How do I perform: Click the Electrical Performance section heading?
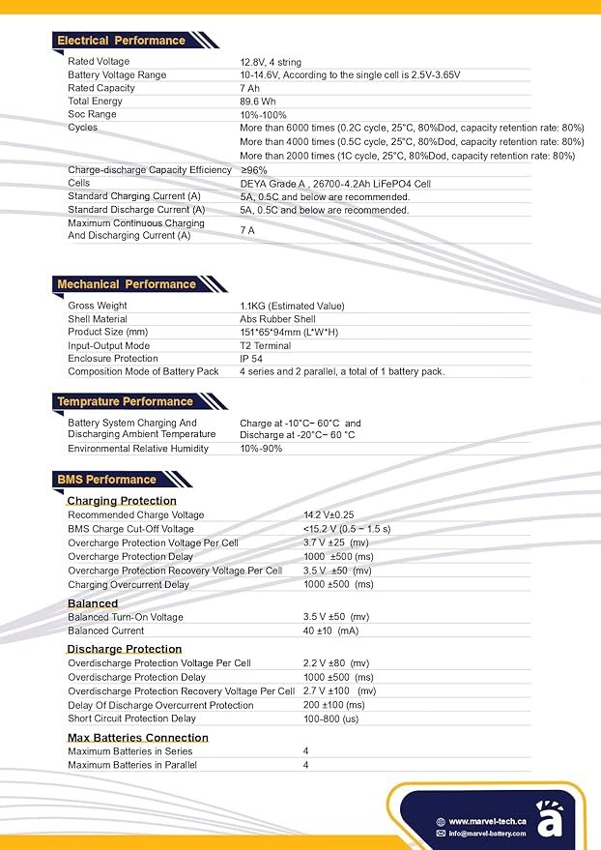tap(121, 41)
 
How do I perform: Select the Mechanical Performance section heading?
tap(126, 284)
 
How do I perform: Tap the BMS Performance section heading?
tap(106, 480)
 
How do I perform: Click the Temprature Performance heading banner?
tap(125, 401)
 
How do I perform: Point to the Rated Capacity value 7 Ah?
tap(249, 88)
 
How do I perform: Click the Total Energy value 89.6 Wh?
tap(260, 102)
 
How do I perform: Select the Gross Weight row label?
tap(98, 306)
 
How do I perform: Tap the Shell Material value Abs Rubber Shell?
tap(277, 319)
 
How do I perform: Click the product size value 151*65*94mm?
tap(289, 333)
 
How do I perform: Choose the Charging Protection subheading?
tap(122, 501)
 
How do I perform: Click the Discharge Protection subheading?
tap(124, 649)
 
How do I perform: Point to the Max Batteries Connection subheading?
tap(137, 738)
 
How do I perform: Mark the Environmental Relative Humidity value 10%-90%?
tap(262, 449)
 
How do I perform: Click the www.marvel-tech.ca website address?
tap(487, 821)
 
